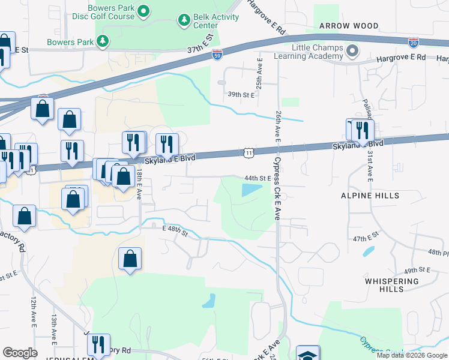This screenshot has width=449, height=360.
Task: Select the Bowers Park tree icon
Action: (x=104, y=41)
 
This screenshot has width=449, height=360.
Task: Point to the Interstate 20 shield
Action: (x=413, y=42)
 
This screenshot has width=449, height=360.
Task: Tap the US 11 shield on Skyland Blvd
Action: (x=249, y=154)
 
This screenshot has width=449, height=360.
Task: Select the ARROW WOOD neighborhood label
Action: (x=349, y=26)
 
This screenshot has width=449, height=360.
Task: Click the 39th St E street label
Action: (x=241, y=95)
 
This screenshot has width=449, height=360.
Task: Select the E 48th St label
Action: (x=175, y=227)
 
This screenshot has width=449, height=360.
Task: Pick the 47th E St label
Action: (x=367, y=239)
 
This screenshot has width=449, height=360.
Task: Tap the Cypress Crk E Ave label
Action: (x=277, y=190)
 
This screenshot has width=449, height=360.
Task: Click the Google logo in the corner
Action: (x=20, y=353)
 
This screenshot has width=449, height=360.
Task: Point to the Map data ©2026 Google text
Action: (x=412, y=355)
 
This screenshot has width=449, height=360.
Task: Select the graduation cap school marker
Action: (x=307, y=354)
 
